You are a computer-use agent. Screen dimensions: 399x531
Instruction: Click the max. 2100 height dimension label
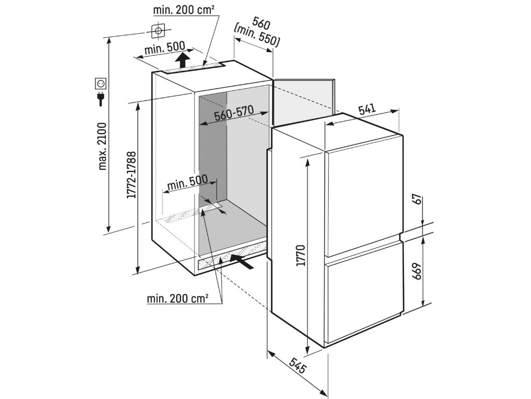(102, 146)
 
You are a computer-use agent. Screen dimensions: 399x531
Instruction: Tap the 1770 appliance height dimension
(301, 254)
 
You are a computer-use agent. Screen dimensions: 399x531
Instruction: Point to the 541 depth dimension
(367, 109)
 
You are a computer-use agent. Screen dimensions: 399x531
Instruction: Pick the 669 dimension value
(416, 271)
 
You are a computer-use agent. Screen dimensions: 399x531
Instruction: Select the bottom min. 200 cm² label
(177, 298)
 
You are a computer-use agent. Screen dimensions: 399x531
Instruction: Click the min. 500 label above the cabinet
(163, 49)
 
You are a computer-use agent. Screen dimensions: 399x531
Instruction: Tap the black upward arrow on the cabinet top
(181, 60)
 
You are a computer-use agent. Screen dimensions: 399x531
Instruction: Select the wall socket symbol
(101, 83)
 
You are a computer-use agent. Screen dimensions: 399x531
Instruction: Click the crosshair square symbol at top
(159, 31)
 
